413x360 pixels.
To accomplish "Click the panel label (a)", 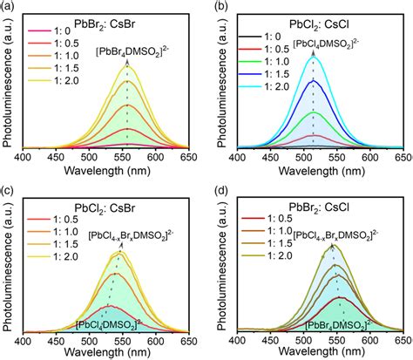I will click(8, 8).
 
